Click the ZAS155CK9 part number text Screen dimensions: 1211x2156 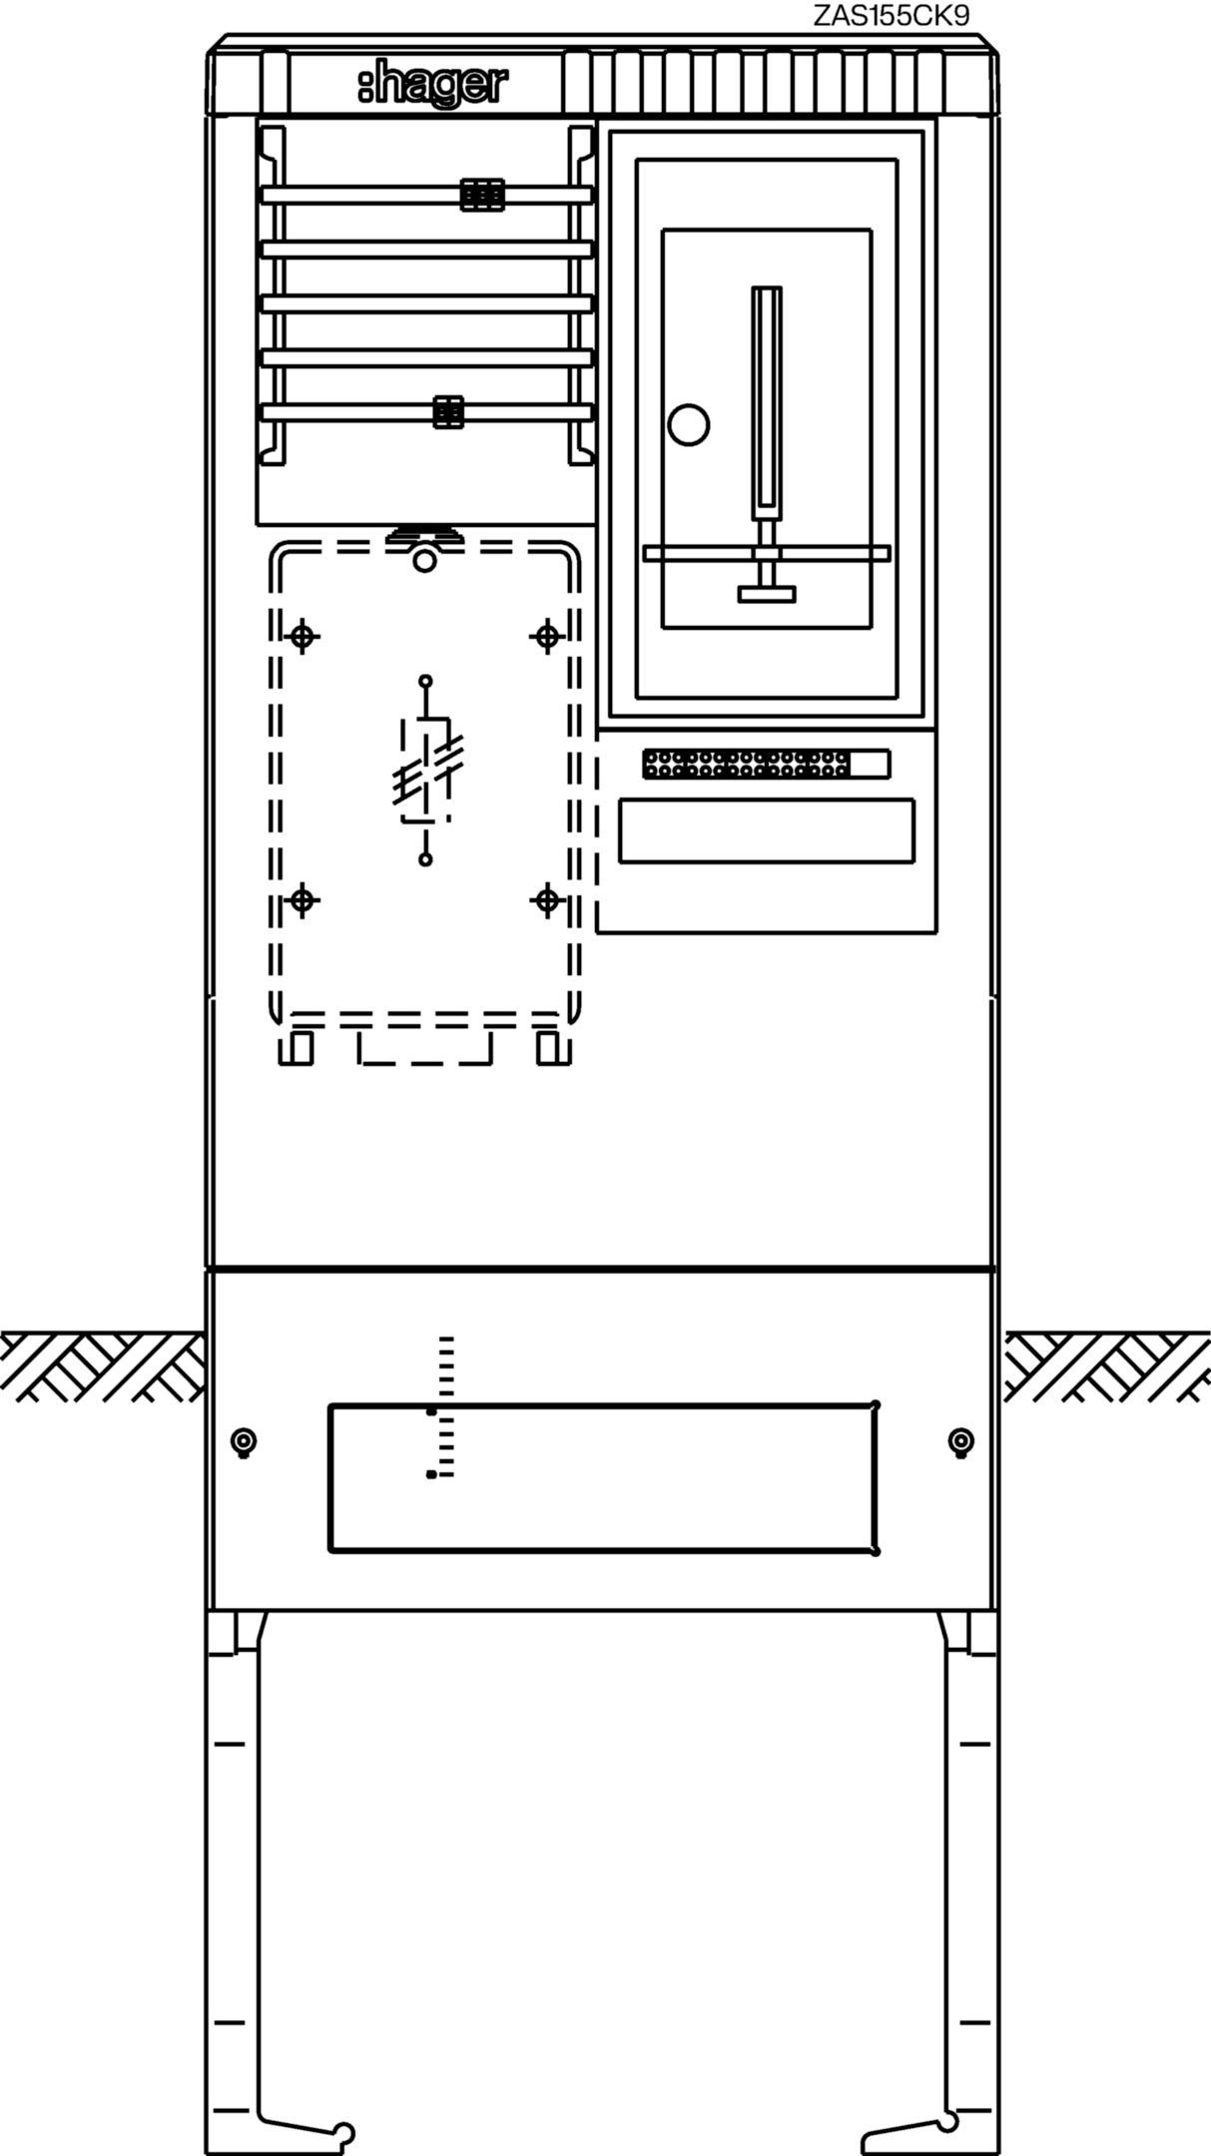click(891, 16)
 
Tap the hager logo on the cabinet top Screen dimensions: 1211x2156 click(432, 85)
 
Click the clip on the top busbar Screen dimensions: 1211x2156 click(481, 195)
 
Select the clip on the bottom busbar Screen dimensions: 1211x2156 click(448, 412)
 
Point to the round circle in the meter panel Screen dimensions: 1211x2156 click(688, 425)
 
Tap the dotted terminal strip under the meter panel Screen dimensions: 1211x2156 click(766, 765)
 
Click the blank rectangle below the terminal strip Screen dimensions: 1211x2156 click(766, 830)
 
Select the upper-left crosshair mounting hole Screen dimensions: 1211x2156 click(303, 636)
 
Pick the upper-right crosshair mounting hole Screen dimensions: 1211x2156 click(547, 636)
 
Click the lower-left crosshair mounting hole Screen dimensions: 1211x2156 click(303, 901)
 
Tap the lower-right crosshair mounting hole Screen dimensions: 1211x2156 click(547, 901)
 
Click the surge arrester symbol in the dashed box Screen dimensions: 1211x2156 click(426, 770)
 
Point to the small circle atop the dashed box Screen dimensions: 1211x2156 click(425, 561)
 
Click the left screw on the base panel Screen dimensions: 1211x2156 click(243, 1441)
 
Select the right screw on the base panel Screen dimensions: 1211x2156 click(960, 1441)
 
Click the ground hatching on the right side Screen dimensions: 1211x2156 click(1106, 1365)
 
